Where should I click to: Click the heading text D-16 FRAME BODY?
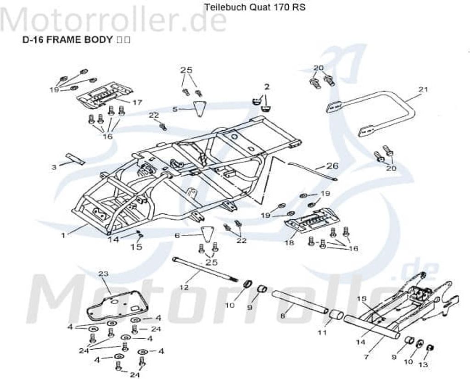tap(67, 39)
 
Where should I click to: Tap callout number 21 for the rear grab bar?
tap(423, 89)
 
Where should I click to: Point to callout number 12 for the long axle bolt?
tap(184, 287)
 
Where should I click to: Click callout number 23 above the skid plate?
tap(104, 273)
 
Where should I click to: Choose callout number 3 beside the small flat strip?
tap(54, 167)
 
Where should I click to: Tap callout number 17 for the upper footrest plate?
tap(137, 102)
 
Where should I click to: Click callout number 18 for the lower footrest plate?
tap(289, 243)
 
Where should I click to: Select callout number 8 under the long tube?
tap(283, 316)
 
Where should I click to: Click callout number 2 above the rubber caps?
tap(267, 86)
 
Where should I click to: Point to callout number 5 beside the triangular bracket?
tap(175, 109)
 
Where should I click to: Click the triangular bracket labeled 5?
tap(198, 109)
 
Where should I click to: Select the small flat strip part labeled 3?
tap(75, 158)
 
